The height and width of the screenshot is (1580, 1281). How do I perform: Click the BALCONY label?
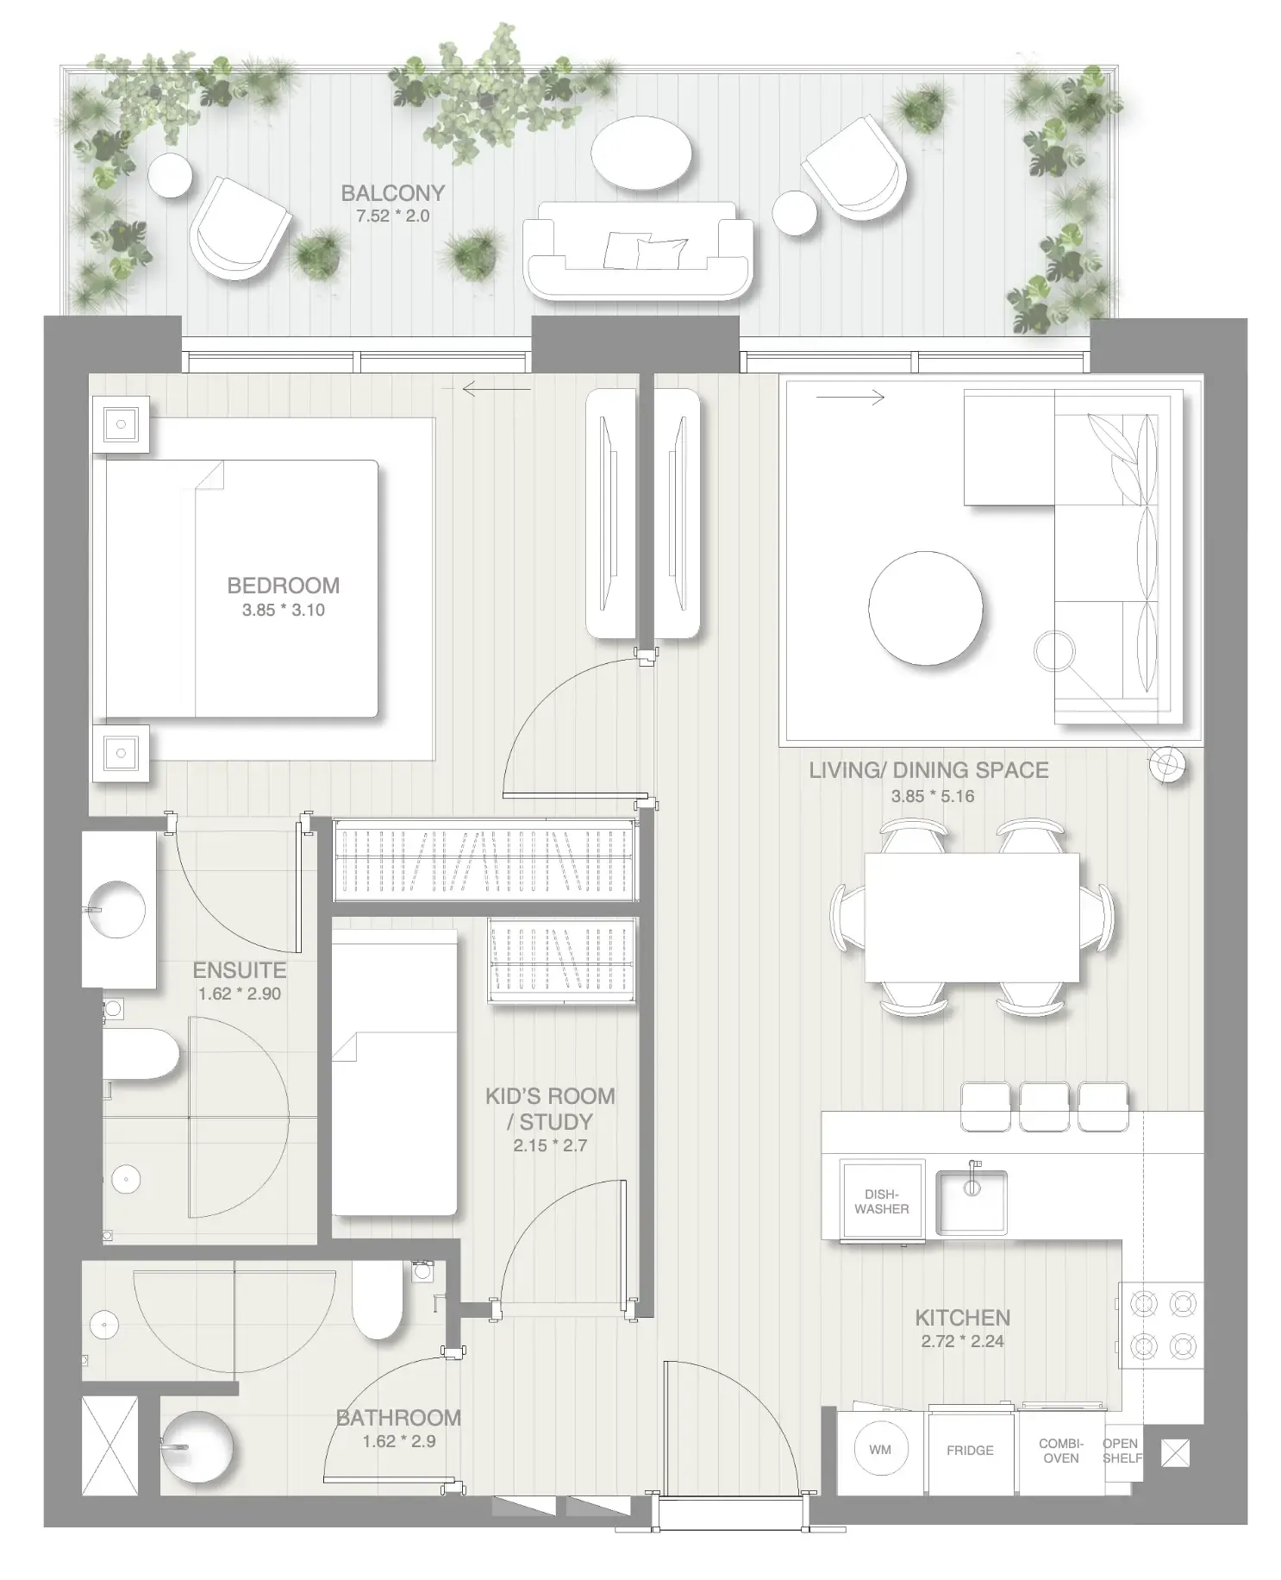(392, 192)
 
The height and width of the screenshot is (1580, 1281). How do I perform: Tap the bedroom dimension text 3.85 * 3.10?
(283, 610)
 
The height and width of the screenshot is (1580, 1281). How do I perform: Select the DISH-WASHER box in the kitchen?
(881, 1201)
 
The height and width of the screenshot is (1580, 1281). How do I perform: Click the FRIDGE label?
(970, 1451)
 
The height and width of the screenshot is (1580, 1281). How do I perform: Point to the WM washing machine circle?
(880, 1450)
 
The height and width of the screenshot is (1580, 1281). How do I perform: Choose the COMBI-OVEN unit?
(1060, 1451)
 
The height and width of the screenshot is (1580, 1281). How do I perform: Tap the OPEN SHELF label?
(1121, 1450)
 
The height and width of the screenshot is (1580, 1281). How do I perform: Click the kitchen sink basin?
(972, 1201)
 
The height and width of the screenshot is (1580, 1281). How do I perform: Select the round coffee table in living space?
(925, 609)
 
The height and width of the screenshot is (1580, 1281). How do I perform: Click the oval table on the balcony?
(640, 154)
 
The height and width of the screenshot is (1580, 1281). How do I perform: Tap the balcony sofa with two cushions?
(638, 252)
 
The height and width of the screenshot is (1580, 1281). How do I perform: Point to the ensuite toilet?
(142, 1053)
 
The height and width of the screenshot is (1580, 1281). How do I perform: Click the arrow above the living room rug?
(850, 398)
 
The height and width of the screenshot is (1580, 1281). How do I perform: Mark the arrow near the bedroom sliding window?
(496, 390)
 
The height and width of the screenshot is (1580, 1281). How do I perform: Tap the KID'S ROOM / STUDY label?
(550, 1108)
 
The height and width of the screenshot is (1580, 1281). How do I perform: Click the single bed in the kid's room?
(394, 1073)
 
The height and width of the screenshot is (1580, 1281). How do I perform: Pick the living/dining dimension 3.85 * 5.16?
(932, 796)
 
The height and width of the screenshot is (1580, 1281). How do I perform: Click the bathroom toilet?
(378, 1301)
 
